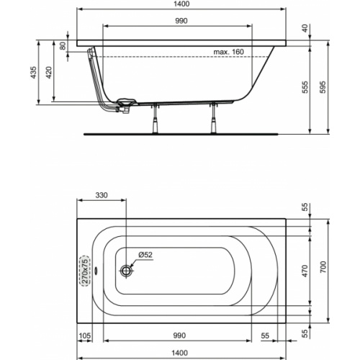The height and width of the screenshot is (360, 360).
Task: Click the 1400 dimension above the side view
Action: click(181, 4)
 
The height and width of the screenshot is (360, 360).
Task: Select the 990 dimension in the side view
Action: click(181, 21)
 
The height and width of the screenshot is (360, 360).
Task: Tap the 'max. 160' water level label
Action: click(228, 52)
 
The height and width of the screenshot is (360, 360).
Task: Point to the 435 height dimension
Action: click(34, 72)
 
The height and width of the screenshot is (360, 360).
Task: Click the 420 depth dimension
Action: click(49, 72)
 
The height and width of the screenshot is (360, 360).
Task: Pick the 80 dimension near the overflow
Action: click(63, 45)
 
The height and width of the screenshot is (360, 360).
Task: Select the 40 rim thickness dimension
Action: click(305, 28)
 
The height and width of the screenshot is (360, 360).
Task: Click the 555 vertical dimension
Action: click(305, 87)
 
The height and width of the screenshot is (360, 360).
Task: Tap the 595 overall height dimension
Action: click(323, 87)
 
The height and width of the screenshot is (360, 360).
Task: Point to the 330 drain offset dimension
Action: click(102, 195)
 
